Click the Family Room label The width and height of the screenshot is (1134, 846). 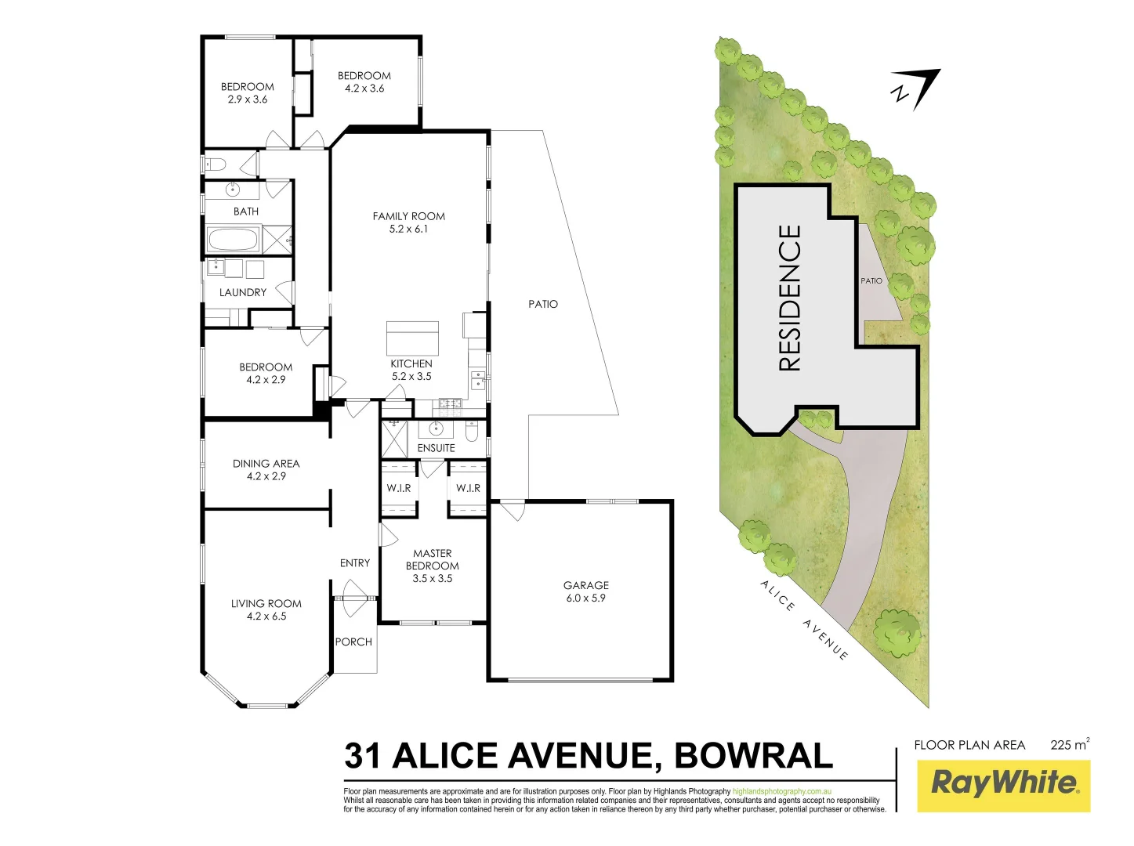(x=408, y=217)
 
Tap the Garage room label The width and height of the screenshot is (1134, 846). (x=585, y=586)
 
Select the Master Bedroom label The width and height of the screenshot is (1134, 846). (x=432, y=559)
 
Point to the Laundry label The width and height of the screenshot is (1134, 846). (x=243, y=293)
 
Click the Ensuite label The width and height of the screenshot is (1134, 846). (x=436, y=448)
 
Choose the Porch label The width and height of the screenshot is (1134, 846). (x=353, y=642)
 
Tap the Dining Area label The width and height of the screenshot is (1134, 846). (x=266, y=464)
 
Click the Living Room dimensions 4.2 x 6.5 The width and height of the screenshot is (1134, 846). (x=266, y=616)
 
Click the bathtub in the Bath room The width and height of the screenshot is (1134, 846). (x=232, y=239)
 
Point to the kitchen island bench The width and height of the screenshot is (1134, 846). (x=412, y=338)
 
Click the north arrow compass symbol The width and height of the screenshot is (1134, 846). (x=917, y=88)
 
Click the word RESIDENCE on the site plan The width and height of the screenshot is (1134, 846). (x=790, y=298)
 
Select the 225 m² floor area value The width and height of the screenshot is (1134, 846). (x=1069, y=745)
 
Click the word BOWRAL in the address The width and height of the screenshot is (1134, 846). (x=753, y=756)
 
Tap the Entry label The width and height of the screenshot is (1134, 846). (x=355, y=563)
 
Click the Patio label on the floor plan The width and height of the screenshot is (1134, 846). (x=543, y=304)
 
